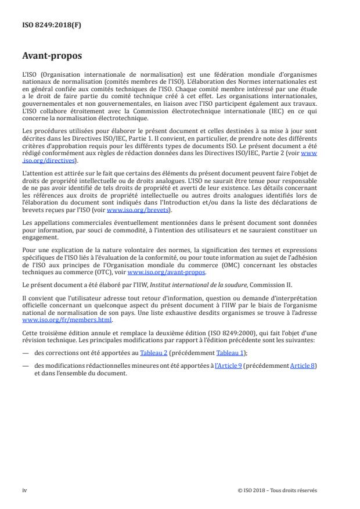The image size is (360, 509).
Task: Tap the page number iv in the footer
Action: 24,490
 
